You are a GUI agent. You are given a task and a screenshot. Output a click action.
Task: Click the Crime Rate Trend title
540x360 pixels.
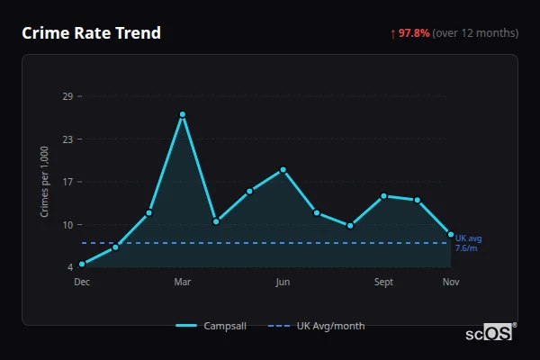(91, 33)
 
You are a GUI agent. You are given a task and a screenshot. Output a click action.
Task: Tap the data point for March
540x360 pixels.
(183, 114)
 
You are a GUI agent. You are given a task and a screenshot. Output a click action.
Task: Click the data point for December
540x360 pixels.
(82, 264)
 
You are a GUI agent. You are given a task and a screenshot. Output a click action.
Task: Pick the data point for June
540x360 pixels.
(283, 170)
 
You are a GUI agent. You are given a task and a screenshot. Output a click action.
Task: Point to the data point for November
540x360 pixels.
(451, 234)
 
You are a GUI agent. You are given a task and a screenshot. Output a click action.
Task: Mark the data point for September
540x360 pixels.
(383, 196)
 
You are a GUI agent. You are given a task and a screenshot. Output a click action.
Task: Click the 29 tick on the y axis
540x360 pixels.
(67, 96)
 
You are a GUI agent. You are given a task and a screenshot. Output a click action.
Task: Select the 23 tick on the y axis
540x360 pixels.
(67, 139)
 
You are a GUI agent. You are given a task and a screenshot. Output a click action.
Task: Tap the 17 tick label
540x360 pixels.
(67, 182)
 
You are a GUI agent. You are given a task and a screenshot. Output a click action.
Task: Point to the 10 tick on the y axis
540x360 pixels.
(67, 225)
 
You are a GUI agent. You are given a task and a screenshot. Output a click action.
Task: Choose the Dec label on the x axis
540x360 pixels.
(82, 283)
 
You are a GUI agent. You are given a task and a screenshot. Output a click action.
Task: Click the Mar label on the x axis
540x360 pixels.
(183, 283)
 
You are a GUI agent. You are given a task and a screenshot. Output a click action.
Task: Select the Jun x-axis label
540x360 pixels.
(283, 283)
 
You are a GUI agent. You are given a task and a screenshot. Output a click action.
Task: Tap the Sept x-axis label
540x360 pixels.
(383, 283)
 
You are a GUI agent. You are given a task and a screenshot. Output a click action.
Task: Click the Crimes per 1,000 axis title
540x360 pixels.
(45, 182)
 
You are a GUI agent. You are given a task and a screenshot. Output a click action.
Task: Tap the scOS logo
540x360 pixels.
(490, 333)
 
